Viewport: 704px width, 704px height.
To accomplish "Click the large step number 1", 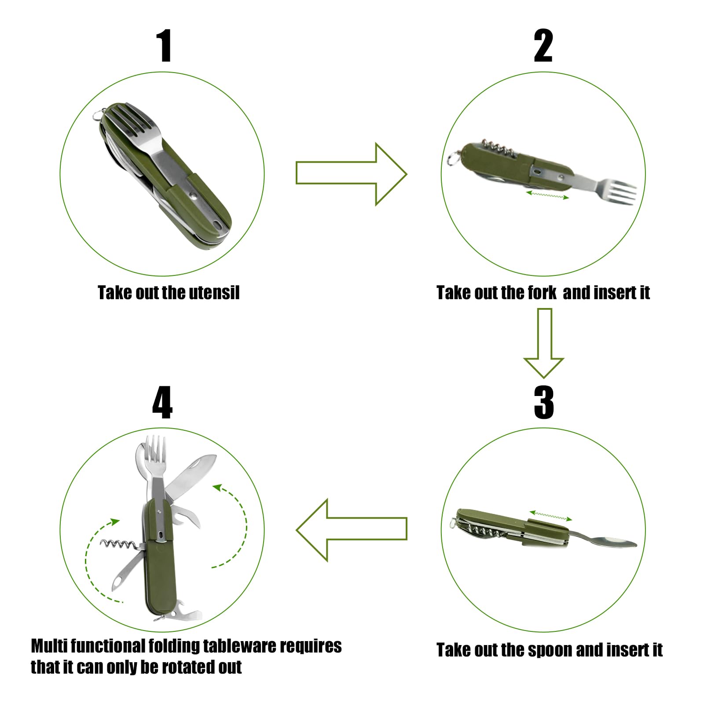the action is [165, 46].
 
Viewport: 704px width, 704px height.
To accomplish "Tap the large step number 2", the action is [543, 46].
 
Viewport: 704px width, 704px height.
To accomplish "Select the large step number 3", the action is [544, 402].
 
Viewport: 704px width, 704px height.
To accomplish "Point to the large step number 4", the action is [162, 402].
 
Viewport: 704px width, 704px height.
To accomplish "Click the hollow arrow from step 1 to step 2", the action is [351, 174].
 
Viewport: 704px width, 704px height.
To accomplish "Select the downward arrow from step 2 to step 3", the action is [544, 343].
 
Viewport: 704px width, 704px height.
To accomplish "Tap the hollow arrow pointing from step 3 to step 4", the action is [351, 530].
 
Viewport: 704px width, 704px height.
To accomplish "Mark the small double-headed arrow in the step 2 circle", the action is [547, 194].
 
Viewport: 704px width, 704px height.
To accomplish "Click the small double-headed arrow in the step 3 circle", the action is [550, 516].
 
